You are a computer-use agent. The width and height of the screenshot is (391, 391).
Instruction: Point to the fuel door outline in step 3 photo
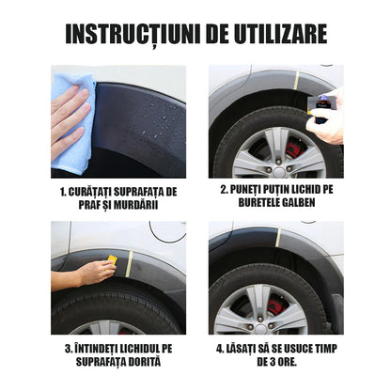tap(167, 231)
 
